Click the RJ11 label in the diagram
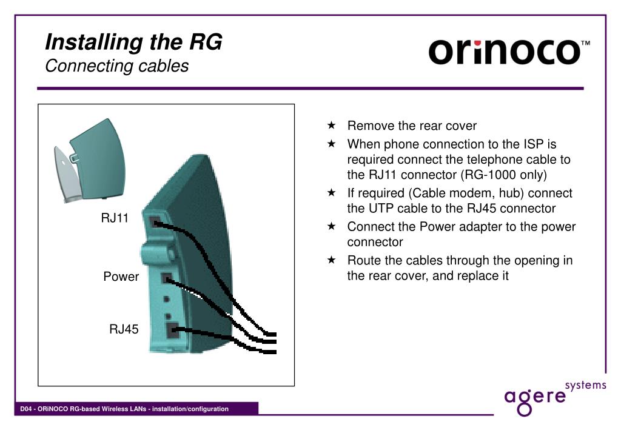(115, 218)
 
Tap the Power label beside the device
(121, 277)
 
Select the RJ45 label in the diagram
(124, 329)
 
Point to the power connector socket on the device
(167, 278)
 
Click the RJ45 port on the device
(173, 330)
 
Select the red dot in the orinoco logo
(478, 42)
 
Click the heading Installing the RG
(133, 42)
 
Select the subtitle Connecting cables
(117, 66)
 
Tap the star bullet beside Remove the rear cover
(332, 125)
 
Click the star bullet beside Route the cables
(332, 260)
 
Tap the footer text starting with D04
(124, 409)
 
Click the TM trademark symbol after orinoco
(585, 43)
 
